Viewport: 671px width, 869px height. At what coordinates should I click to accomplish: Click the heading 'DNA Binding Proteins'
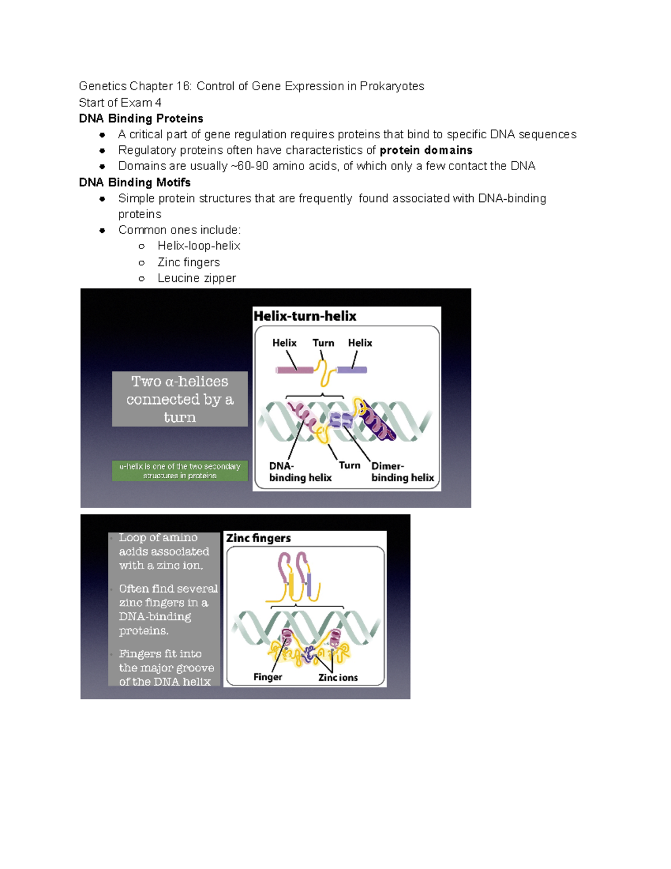click(x=141, y=119)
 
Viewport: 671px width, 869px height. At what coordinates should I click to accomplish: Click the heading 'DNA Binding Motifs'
click(x=135, y=182)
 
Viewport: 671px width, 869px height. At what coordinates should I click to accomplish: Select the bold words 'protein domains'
click(x=426, y=150)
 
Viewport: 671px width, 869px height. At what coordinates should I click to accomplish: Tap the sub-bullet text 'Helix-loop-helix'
click(x=199, y=246)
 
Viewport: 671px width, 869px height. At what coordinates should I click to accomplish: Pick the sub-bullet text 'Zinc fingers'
click(x=188, y=262)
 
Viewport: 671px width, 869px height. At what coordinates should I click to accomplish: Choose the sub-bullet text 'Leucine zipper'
click(x=196, y=278)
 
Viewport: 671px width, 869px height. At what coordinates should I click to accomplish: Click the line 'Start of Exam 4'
click(x=120, y=102)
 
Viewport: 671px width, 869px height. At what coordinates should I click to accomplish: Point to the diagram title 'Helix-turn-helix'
click(x=305, y=316)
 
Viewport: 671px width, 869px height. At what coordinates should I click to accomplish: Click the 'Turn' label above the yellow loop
click(x=323, y=343)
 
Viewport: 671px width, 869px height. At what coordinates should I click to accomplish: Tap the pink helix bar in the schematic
click(x=295, y=370)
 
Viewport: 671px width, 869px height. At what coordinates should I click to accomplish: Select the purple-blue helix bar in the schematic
click(x=352, y=370)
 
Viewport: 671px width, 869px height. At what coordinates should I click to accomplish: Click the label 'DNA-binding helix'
click(x=300, y=472)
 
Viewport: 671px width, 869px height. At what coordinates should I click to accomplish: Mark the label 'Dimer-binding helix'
click(x=402, y=472)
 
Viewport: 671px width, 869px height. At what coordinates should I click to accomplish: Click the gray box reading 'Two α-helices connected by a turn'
click(x=179, y=399)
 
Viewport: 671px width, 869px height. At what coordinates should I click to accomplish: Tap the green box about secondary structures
click(x=179, y=471)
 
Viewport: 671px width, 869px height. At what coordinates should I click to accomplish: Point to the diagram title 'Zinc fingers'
click(x=258, y=538)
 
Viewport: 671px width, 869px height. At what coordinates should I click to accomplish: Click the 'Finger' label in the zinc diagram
click(x=267, y=677)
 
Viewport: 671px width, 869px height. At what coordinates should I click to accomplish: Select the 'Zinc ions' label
click(x=338, y=678)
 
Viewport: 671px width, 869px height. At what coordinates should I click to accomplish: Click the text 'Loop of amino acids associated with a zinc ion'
click(x=163, y=551)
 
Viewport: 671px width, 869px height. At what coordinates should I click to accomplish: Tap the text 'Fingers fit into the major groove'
click(x=166, y=668)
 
